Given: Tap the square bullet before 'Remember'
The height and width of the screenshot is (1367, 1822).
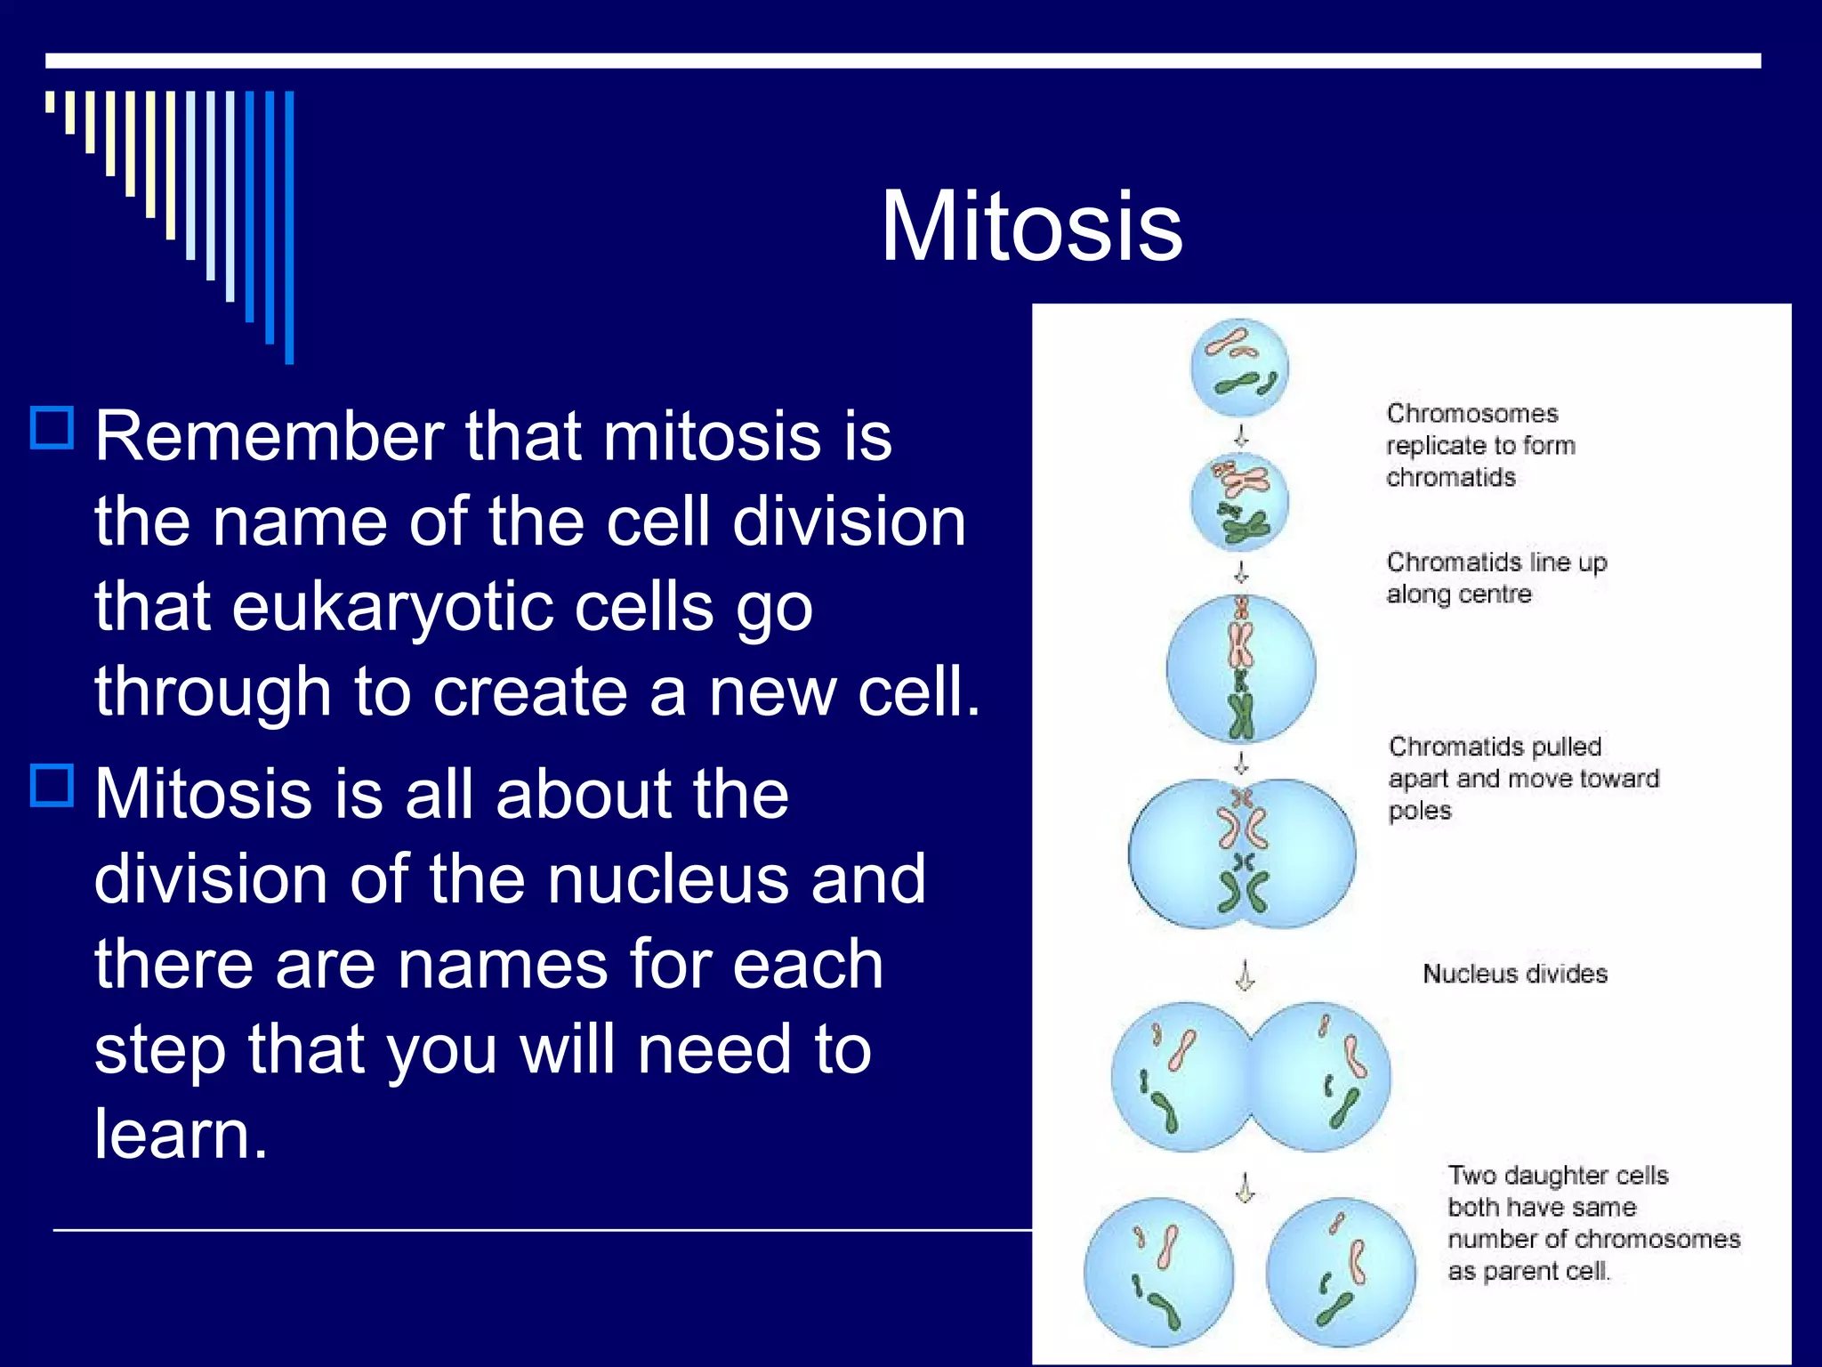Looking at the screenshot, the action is [x=52, y=428].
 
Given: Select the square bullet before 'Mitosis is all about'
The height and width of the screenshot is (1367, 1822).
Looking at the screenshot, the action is [x=52, y=785].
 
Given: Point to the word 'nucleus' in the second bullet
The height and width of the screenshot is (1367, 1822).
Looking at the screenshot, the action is [x=666, y=878].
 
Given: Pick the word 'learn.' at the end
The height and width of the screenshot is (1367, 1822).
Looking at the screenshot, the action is [x=181, y=1133].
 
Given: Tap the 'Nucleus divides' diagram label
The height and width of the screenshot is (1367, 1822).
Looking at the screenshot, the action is [x=1515, y=974].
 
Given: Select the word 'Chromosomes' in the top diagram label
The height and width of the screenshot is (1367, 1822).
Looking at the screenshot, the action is [x=1472, y=414].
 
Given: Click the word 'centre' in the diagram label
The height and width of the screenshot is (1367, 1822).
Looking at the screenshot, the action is [x=1495, y=594].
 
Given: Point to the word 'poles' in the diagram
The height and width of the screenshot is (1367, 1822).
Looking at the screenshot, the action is [x=1420, y=812].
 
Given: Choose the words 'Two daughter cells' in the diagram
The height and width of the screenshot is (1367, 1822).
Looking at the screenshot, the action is [x=1558, y=1176].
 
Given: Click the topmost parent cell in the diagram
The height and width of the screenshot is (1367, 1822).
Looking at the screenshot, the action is [x=1239, y=368].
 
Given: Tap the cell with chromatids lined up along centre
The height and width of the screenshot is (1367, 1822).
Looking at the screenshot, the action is [x=1241, y=668].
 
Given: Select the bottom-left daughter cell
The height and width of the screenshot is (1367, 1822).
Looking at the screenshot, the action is [x=1158, y=1272].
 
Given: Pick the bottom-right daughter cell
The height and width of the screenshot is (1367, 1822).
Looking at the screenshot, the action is [x=1341, y=1272].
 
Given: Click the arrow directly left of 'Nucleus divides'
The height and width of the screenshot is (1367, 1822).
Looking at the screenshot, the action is [x=1246, y=975].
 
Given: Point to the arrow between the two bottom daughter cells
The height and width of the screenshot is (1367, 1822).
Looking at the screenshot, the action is [x=1246, y=1186].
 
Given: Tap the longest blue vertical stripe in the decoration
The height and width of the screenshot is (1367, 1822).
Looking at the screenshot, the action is [x=289, y=228].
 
